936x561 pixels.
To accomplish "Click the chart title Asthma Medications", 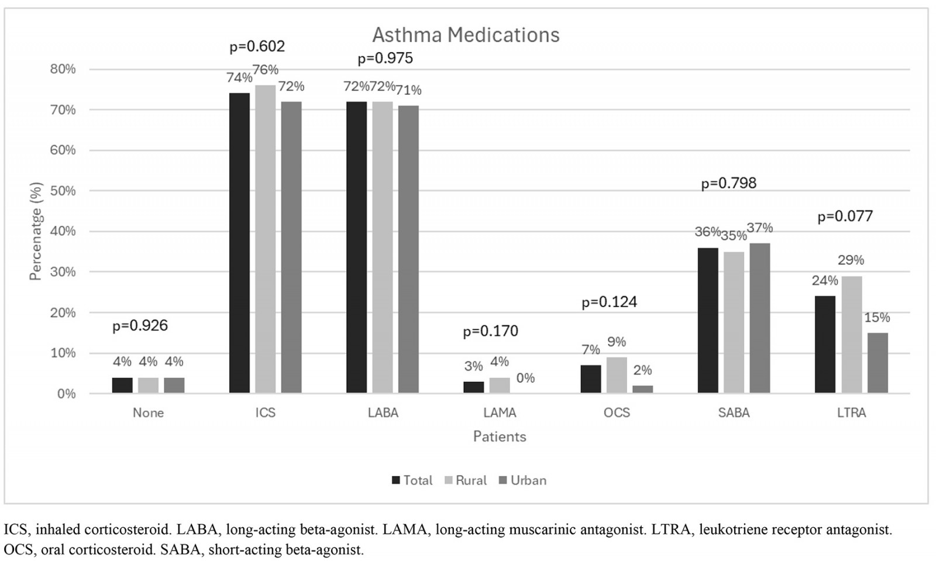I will (466, 35).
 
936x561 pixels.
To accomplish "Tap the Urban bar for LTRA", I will (877, 363).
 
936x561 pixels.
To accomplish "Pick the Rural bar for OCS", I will (617, 375).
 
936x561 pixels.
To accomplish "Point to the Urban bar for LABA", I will (408, 249).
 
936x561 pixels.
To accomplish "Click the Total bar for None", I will (122, 385).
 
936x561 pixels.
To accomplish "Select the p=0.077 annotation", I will (845, 216).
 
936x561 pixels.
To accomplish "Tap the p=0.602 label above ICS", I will (257, 46).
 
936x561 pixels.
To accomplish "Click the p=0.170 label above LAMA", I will (490, 331).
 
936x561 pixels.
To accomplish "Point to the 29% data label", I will (850, 260).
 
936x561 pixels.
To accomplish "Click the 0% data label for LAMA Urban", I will (525, 378).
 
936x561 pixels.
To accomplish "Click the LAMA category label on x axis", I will (500, 412).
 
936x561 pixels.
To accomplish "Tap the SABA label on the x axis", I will (734, 412).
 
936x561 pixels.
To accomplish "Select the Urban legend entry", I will (528, 480).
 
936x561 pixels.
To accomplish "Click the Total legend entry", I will (417, 480).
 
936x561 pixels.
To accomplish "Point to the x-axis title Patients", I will (500, 436).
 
